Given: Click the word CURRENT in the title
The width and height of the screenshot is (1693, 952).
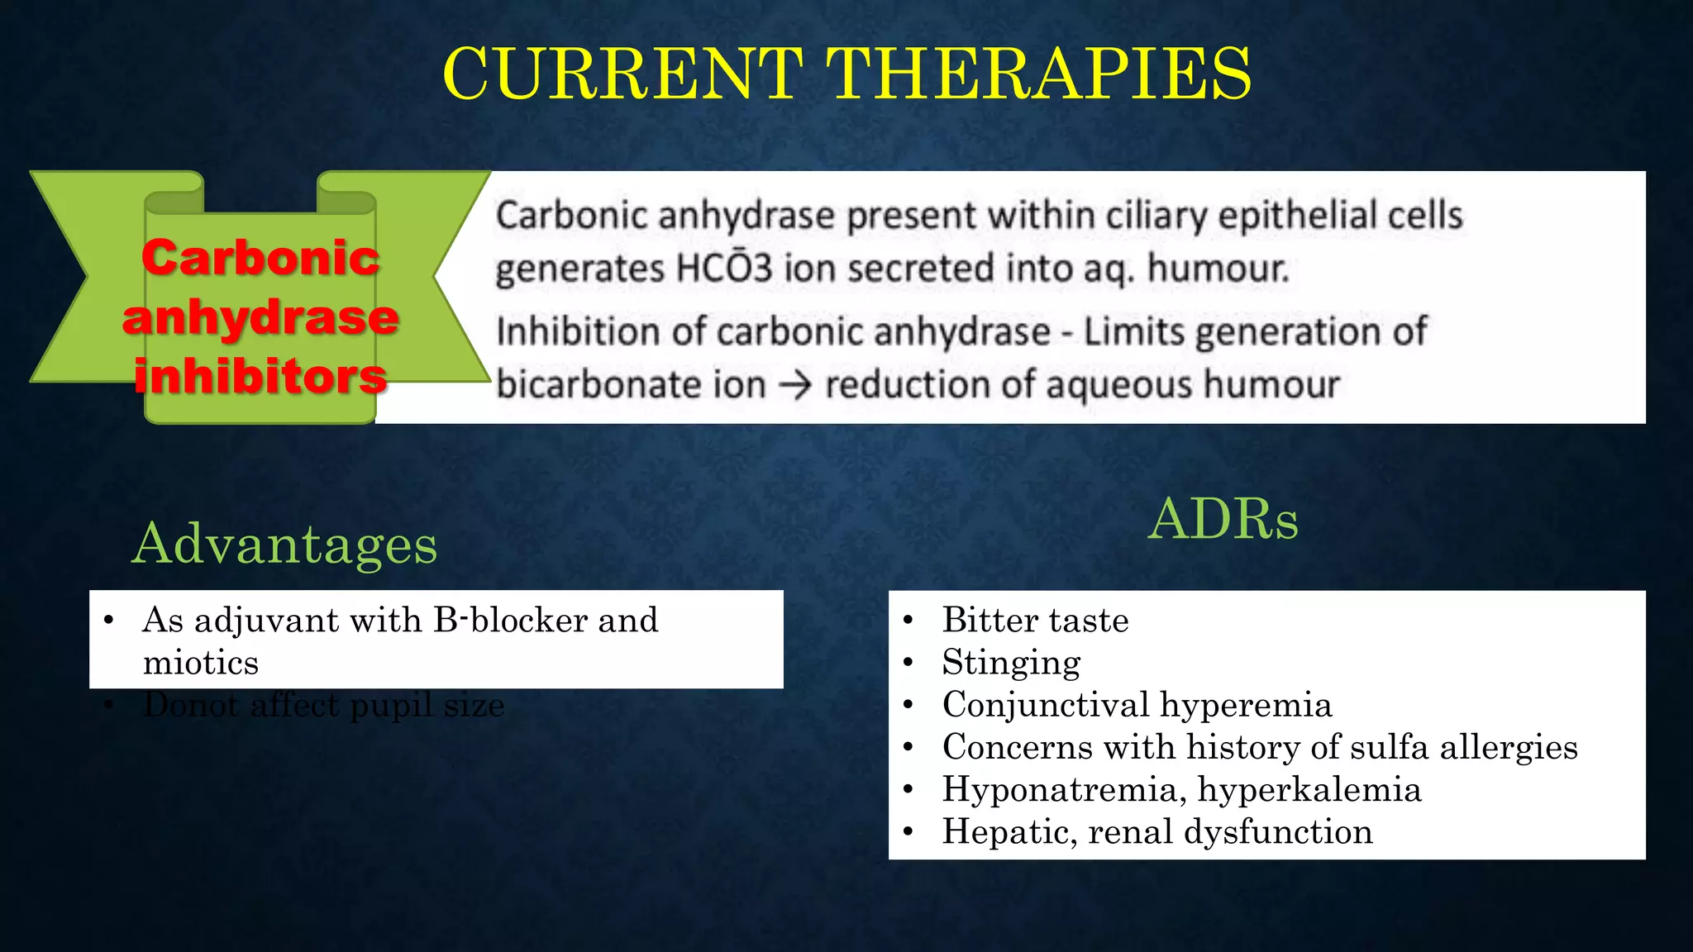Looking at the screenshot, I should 622,74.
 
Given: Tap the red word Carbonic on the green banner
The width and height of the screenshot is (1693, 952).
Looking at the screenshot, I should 260,257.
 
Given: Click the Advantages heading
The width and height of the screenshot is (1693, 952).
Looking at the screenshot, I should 284,544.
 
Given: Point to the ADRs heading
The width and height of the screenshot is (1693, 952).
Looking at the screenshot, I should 1223,519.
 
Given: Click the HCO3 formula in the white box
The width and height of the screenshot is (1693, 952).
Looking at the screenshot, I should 723,269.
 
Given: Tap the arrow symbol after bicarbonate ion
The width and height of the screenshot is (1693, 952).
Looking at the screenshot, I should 795,385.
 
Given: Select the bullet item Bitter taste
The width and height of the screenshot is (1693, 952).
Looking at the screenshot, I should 1035,620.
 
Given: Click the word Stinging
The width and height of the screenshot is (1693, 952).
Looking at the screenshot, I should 1011,662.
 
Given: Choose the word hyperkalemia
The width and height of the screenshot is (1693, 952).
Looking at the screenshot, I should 1309,789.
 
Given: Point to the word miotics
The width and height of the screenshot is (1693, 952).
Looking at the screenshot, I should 200,663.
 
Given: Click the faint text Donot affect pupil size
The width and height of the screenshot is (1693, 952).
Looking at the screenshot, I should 322,706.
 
